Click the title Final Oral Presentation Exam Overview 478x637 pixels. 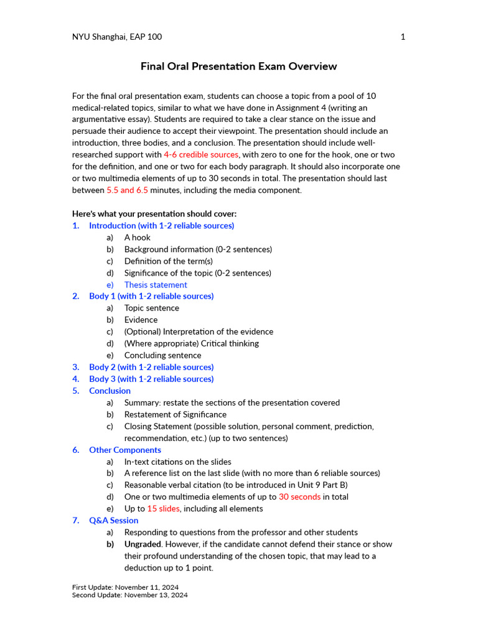pos(238,66)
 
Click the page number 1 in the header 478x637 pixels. pos(403,37)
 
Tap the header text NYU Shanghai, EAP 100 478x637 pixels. pos(117,37)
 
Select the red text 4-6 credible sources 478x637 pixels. pos(201,154)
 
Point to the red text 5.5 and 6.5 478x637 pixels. pos(128,190)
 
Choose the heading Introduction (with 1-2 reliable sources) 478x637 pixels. pos(161,226)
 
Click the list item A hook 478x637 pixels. pos(137,238)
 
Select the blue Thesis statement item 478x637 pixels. pos(156,285)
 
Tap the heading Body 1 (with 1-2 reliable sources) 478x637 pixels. pos(151,296)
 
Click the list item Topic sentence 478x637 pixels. pos(151,308)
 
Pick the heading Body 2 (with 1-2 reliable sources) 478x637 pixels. pos(151,367)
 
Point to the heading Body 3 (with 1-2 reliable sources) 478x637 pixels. pos(151,379)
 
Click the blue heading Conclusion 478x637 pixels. pos(110,391)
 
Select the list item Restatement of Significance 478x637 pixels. pos(176,414)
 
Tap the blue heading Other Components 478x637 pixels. pos(125,450)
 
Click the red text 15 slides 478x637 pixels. pos(163,509)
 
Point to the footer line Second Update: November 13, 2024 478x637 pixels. pos(129,595)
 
